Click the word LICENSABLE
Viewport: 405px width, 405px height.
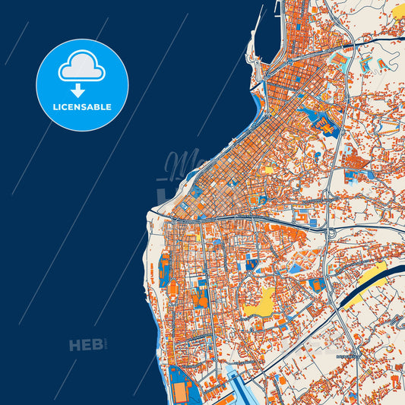click(82, 107)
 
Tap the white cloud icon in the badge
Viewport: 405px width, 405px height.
click(82, 67)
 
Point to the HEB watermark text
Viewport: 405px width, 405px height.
click(86, 346)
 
